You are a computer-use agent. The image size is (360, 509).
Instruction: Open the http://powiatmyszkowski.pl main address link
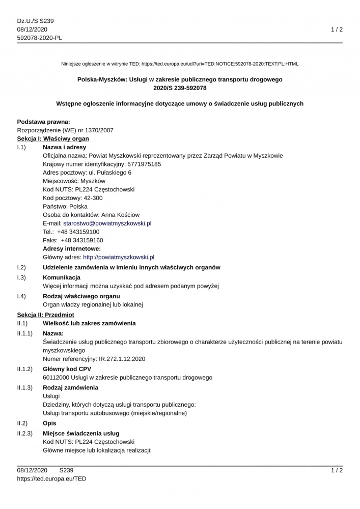coord(119,257)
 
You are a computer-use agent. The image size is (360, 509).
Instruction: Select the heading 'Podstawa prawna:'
coord(43,122)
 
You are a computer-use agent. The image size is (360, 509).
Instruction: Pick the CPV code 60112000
coord(57,377)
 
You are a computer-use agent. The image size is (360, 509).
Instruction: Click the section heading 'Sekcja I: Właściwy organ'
coord(53,138)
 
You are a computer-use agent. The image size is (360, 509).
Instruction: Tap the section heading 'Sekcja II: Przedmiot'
coord(46,315)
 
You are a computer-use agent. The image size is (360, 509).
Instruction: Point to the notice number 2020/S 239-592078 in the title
coord(180,88)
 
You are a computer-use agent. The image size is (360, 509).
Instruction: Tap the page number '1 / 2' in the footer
coord(337,470)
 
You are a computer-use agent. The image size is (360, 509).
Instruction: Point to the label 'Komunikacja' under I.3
coord(62,277)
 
